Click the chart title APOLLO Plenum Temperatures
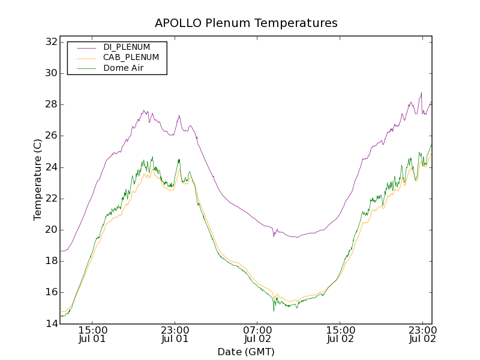pyautogui.click(x=246, y=23)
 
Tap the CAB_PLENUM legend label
pyautogui.click(x=131, y=58)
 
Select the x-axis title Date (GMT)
pyautogui.click(x=246, y=352)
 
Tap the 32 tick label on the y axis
pyautogui.click(x=51, y=42)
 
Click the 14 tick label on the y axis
pyautogui.click(x=51, y=323)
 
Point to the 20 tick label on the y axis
pyautogui.click(x=51, y=230)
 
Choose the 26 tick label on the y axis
pyautogui.click(x=51, y=136)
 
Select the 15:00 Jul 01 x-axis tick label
pyautogui.click(x=92, y=334)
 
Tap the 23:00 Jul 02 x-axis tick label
pyautogui.click(x=422, y=334)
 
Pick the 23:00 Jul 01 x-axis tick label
pyautogui.click(x=175, y=334)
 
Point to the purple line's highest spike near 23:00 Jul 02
pyautogui.click(x=422, y=93)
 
